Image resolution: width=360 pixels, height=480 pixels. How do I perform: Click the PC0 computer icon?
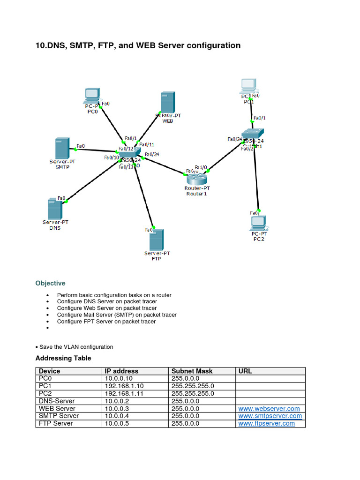pyautogui.click(x=92, y=95)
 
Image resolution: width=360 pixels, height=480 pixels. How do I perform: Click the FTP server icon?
pyautogui.click(x=157, y=240)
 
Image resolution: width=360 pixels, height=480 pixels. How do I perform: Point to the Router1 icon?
pyautogui.click(x=196, y=178)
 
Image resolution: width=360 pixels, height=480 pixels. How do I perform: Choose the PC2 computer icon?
pyautogui.click(x=258, y=222)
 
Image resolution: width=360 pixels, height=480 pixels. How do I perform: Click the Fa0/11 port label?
pyautogui.click(x=147, y=145)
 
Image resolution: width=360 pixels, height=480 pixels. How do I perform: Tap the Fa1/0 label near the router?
pyautogui.click(x=201, y=167)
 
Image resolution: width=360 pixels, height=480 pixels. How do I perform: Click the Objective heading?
pyautogui.click(x=51, y=283)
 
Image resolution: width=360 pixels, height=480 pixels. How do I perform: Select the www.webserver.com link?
pyautogui.click(x=269, y=409)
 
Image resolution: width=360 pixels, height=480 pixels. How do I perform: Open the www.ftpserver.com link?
pyautogui.click(x=267, y=423)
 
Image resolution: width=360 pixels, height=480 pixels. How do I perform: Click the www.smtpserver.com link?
pyautogui.click(x=270, y=416)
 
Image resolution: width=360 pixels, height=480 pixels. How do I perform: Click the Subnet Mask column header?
pyautogui.click(x=192, y=371)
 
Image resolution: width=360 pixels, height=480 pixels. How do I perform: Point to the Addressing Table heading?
pyautogui.click(x=63, y=358)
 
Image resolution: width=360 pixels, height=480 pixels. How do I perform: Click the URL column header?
pyautogui.click(x=245, y=371)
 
